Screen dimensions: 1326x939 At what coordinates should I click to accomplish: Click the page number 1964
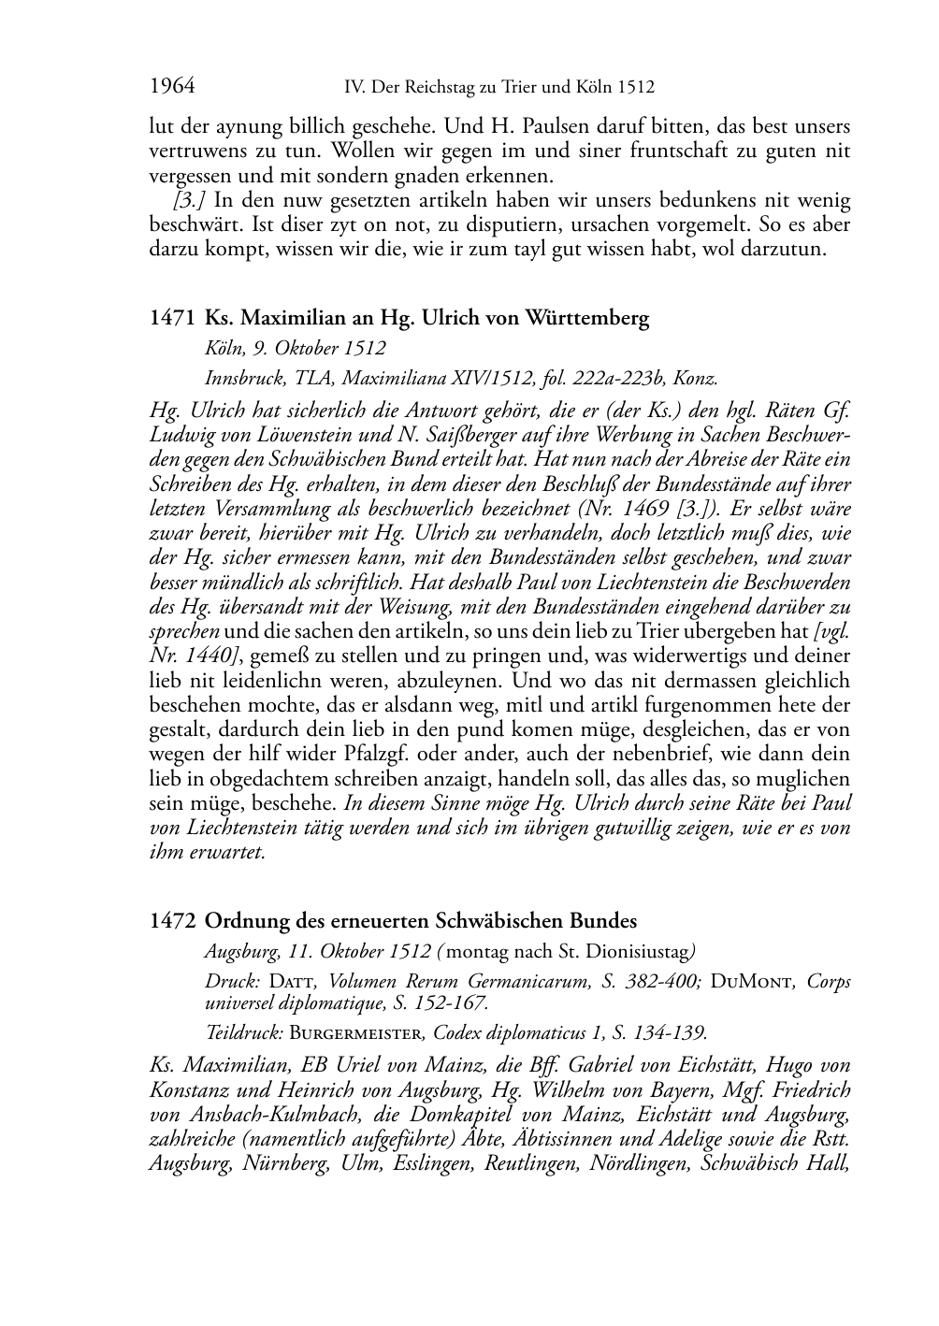[172, 87]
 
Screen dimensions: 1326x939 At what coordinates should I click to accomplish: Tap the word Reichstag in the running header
[445, 88]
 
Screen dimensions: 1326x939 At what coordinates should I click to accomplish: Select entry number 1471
[173, 318]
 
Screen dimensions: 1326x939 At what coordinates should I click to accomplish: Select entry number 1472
[173, 921]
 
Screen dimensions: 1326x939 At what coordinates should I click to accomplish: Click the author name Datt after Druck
[293, 982]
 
